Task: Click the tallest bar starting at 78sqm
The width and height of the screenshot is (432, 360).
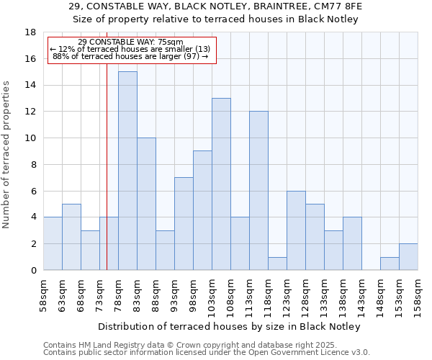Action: pos(127,171)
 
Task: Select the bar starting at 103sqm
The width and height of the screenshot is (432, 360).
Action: pos(221,184)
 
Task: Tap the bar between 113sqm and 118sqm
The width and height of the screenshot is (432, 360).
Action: pos(258,191)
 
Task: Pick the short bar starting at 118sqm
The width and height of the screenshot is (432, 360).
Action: pos(277,264)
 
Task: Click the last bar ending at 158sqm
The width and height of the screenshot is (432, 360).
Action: pos(408,257)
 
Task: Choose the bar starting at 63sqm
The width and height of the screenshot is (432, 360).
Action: pos(71,237)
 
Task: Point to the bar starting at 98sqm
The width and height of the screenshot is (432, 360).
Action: pos(202,210)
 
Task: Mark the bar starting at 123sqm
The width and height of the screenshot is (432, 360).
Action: pos(296,230)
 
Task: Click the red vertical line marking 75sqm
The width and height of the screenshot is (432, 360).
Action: pos(107,180)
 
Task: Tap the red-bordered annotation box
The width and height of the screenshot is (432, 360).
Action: pos(132,50)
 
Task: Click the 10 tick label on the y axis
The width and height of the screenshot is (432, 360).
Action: pos(31,138)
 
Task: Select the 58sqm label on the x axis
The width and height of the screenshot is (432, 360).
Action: pos(43,294)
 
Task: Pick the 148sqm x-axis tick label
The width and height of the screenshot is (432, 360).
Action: pos(380,294)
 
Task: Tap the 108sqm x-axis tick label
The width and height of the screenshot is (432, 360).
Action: pos(230,294)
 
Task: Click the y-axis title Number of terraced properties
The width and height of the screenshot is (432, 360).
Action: pos(7,155)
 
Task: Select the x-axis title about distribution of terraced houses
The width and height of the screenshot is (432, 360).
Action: pos(229,327)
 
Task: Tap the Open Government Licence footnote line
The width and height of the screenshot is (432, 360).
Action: pos(207,353)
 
